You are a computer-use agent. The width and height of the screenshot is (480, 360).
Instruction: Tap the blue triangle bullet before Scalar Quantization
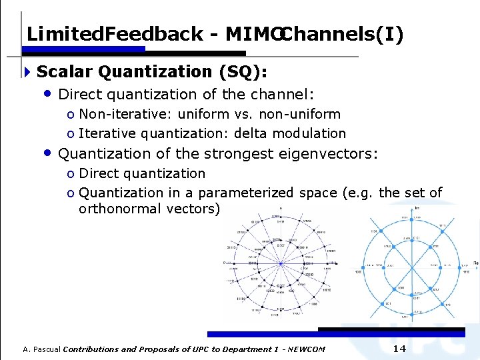27,71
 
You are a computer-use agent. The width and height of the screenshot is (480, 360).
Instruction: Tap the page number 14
399,349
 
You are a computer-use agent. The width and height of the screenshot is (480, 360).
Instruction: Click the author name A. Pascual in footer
41,349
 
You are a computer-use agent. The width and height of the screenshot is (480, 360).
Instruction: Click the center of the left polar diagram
281,263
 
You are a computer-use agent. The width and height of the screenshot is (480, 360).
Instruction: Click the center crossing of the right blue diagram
409,265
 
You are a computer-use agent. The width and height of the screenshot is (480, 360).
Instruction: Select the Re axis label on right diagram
475,262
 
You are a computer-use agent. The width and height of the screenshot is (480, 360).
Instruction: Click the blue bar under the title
85,49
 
